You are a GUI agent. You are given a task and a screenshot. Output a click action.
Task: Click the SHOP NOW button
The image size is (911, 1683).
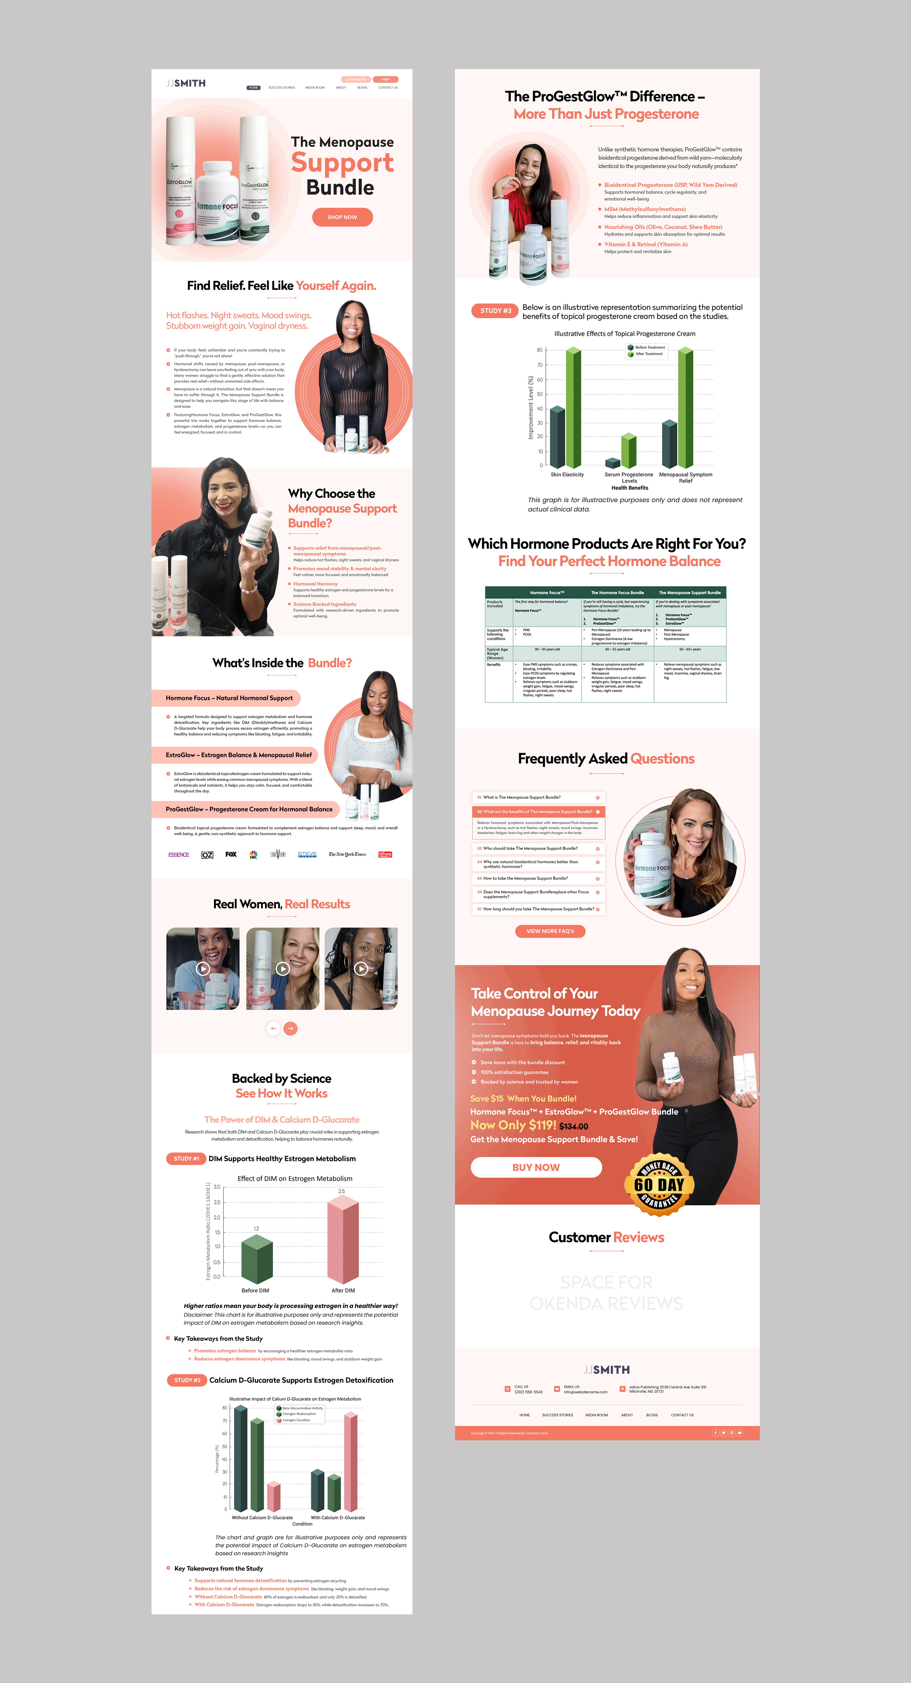pos(342,217)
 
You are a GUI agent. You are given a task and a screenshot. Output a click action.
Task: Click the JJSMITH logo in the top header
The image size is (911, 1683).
pos(186,83)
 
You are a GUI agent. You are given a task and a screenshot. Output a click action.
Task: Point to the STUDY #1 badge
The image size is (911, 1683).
pos(186,1158)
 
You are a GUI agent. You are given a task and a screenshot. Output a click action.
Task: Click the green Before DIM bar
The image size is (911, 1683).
pos(257,1260)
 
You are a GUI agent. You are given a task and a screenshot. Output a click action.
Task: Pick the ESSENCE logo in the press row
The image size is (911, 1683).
pos(179,855)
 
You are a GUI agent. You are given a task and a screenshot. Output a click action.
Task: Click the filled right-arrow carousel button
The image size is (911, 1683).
pos(291,1028)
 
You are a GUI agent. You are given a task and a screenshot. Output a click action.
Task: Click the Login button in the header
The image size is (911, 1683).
pos(385,79)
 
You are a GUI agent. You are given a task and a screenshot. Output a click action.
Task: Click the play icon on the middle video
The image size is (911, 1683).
pos(283,969)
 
